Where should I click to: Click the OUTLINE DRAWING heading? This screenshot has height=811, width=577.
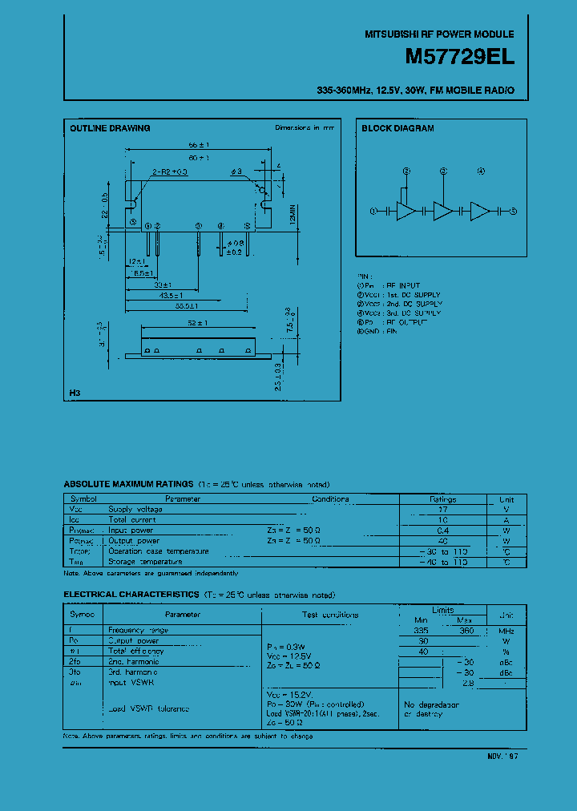[x=110, y=128]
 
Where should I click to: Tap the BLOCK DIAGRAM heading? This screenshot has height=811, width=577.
[x=397, y=128]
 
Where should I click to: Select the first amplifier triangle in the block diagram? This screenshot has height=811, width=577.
[x=406, y=211]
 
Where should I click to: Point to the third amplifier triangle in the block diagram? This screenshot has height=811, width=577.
[x=480, y=211]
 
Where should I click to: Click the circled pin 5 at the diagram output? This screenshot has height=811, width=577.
[x=514, y=211]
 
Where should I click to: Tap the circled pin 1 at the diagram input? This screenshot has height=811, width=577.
[x=373, y=211]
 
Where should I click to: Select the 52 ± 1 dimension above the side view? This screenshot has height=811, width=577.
[x=197, y=323]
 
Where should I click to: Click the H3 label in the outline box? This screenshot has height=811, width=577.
[x=75, y=393]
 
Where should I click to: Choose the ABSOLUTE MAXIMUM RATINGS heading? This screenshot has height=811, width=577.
[x=128, y=485]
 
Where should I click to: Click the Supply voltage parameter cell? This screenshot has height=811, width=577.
[x=135, y=509]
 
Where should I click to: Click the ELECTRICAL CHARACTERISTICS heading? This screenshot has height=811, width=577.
[x=131, y=595]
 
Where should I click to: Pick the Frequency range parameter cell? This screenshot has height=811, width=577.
[x=139, y=631]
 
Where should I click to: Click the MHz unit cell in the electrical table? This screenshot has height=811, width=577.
[x=506, y=631]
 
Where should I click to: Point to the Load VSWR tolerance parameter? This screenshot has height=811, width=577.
[x=149, y=708]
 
